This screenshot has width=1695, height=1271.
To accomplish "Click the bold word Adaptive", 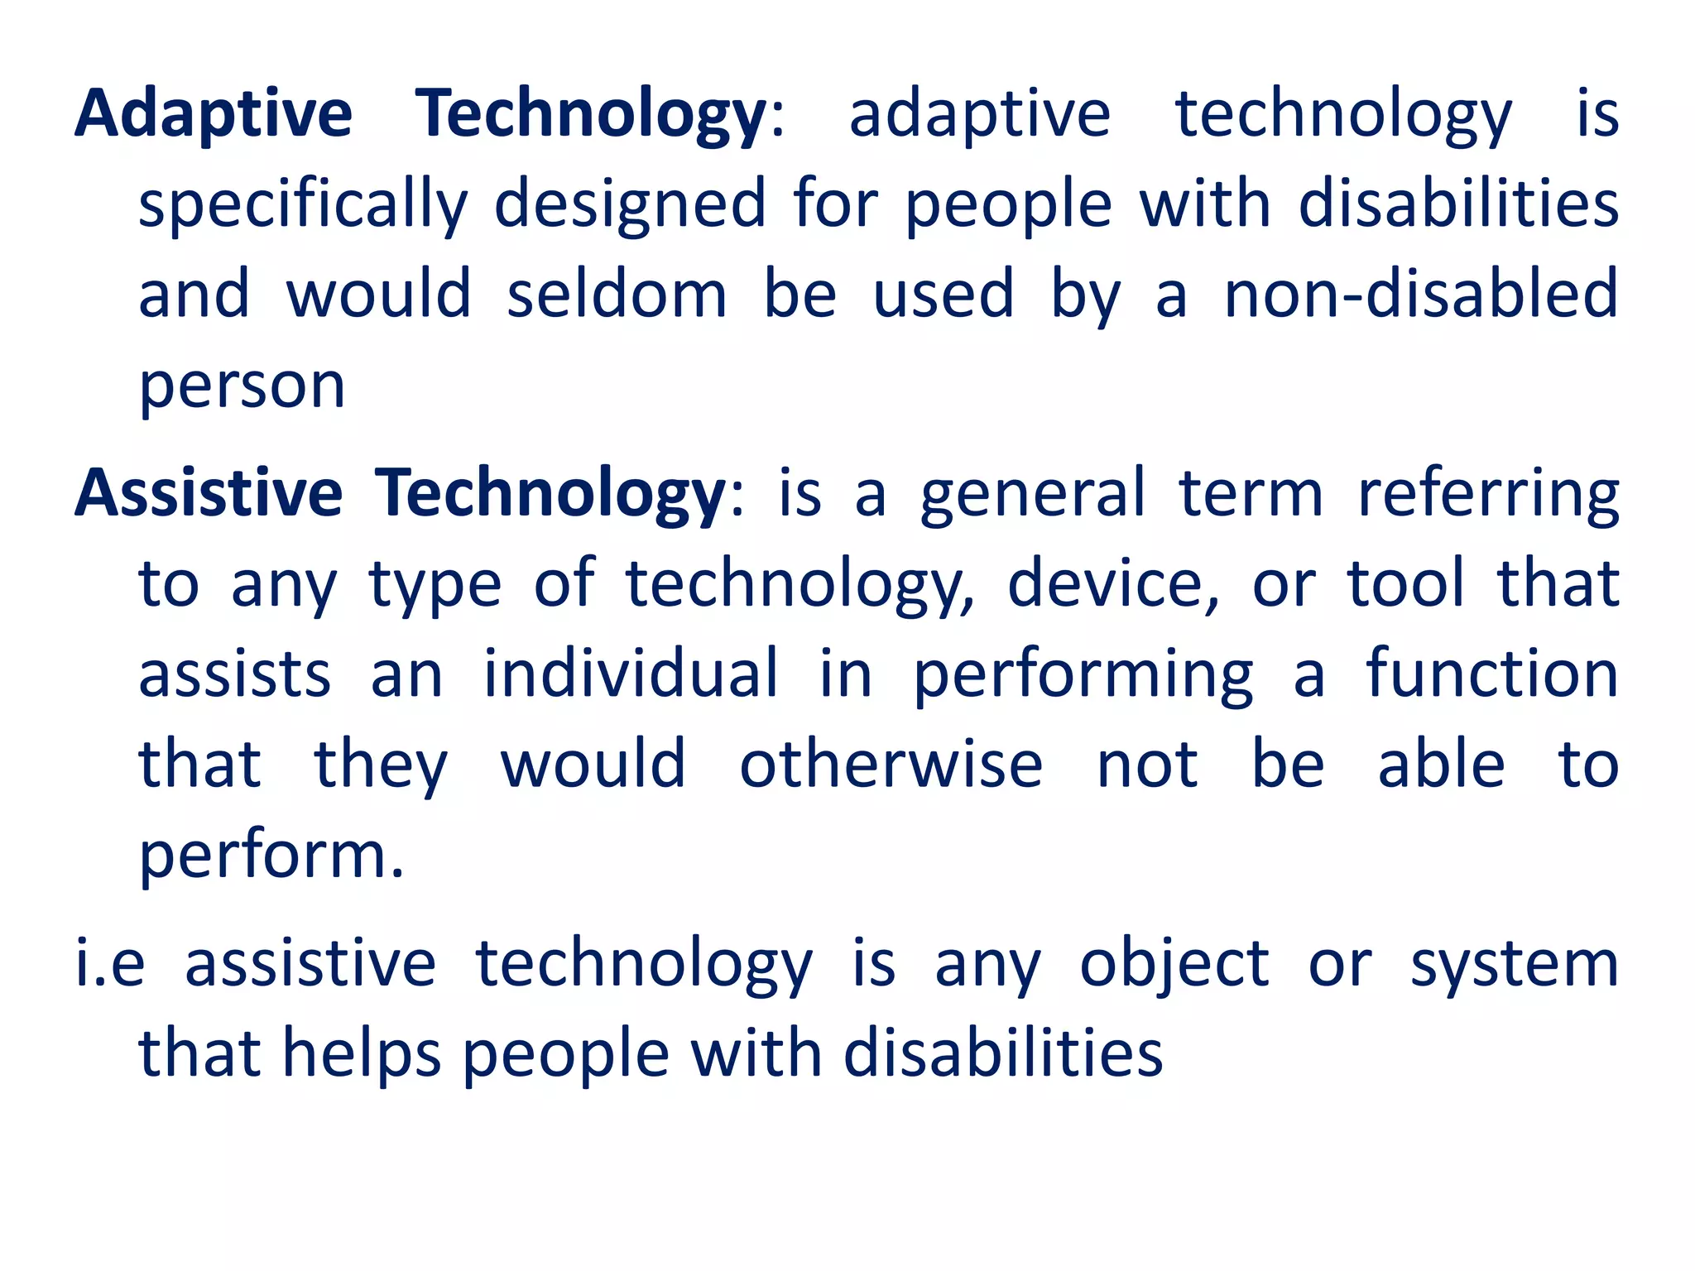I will click(x=214, y=114).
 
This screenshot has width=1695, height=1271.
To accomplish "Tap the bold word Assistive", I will click(x=209, y=493).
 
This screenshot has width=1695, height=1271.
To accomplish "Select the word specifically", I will click(x=303, y=205).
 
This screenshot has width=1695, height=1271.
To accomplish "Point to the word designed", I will click(x=630, y=205).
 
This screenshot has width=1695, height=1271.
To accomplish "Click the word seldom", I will click(x=617, y=295).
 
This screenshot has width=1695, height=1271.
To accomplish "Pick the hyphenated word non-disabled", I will click(x=1420, y=295).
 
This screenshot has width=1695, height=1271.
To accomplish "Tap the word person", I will click(x=242, y=386).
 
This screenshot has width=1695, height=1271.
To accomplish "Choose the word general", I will click(x=1033, y=495).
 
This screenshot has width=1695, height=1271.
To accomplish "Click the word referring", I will click(x=1488, y=495).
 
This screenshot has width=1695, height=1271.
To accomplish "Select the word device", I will click(x=1112, y=584).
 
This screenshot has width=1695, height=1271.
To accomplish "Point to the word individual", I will click(x=631, y=674).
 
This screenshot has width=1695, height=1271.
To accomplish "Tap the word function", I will click(x=1491, y=674).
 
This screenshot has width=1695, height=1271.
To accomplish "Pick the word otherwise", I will click(x=891, y=765).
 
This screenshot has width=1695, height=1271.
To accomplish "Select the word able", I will click(x=1441, y=765).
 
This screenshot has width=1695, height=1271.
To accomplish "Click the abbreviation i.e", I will click(x=110, y=963).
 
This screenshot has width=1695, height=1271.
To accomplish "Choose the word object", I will click(x=1174, y=965).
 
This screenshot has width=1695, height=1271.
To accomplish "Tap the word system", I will click(x=1514, y=965).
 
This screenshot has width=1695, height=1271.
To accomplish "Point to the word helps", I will click(x=362, y=1054).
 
